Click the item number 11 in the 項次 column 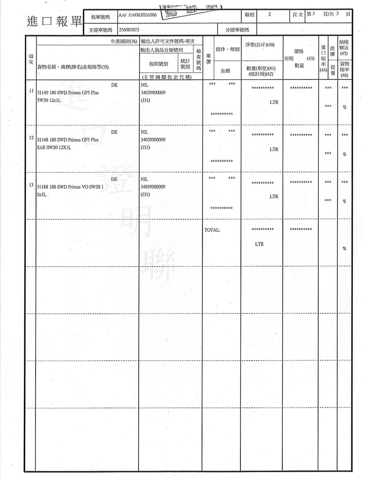(x=31, y=91)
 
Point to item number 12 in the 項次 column (x=31, y=138)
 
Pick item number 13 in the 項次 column (x=31, y=186)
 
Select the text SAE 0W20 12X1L (x=55, y=147)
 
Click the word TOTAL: (x=213, y=229)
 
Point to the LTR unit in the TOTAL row (x=259, y=244)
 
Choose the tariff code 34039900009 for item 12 (x=152, y=139)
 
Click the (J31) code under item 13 (x=145, y=194)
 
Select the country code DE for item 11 (x=114, y=84)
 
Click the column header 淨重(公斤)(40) (x=260, y=45)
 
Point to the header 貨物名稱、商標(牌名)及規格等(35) (x=73, y=67)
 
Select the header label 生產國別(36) (x=124, y=41)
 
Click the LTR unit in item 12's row (x=274, y=149)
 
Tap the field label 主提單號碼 (x=101, y=30)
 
